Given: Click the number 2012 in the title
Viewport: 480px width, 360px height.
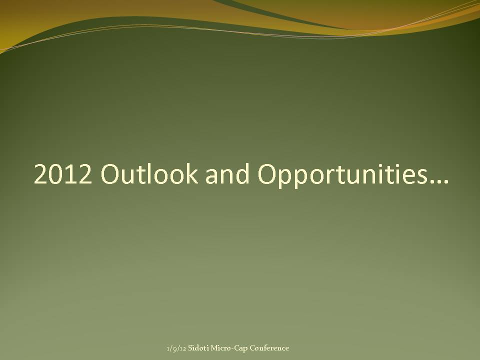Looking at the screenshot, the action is pyautogui.click(x=63, y=173).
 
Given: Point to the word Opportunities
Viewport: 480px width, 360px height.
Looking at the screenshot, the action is pyautogui.click(x=342, y=174).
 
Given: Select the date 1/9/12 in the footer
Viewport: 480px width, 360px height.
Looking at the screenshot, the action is pyautogui.click(x=176, y=348).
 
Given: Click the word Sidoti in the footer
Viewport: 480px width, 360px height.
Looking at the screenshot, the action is pyautogui.click(x=198, y=348).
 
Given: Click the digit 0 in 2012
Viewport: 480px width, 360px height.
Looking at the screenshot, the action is pyautogui.click(x=55, y=174).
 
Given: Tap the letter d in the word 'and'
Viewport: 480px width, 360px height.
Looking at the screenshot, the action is pyautogui.click(x=242, y=173).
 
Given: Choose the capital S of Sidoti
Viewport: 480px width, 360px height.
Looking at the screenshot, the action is pyautogui.click(x=190, y=348).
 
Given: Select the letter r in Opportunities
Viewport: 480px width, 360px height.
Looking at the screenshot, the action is pyautogui.click(x=328, y=176).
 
